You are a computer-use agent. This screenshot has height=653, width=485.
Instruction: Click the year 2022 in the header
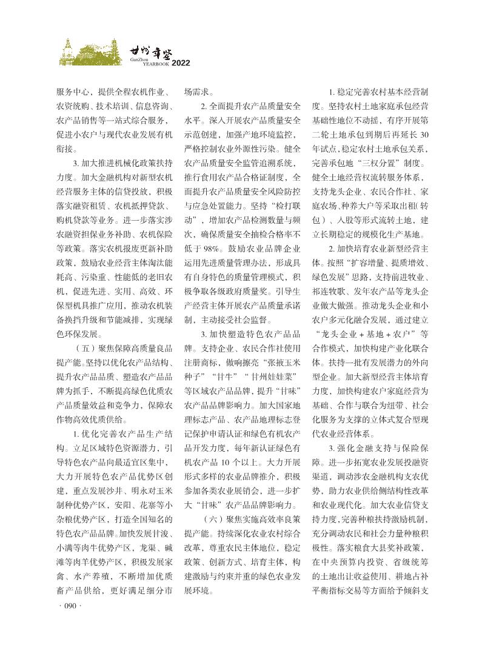point(182,62)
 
